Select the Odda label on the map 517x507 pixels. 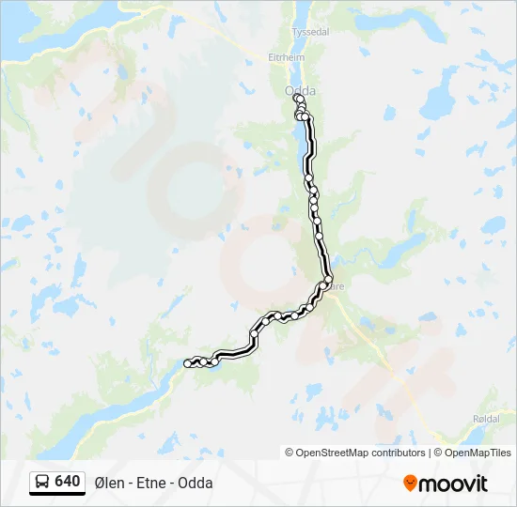pyautogui.click(x=299, y=90)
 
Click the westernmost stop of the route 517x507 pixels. pyautogui.click(x=188, y=363)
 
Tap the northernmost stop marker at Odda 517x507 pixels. pyautogui.click(x=297, y=98)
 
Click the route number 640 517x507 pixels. pyautogui.click(x=67, y=482)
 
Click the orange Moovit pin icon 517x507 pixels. pyautogui.click(x=410, y=484)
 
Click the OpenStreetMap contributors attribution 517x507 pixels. pyautogui.click(x=355, y=453)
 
